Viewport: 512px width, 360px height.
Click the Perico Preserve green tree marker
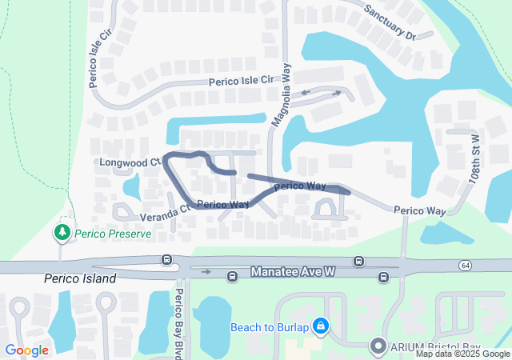(x=62, y=232)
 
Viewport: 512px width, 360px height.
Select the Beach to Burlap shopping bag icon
(x=320, y=326)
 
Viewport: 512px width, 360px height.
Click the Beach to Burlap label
(x=269, y=326)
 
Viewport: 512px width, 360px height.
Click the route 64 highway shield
(x=466, y=265)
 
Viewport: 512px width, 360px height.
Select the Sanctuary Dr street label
(x=390, y=22)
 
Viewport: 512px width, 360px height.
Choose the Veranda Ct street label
(x=164, y=213)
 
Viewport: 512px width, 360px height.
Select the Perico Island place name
(x=80, y=278)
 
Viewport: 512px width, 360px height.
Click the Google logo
(x=26, y=350)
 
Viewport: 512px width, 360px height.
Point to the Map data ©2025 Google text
(x=462, y=354)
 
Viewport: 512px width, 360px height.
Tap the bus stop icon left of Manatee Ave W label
(x=232, y=278)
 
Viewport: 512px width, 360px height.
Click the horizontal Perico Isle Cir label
(x=242, y=81)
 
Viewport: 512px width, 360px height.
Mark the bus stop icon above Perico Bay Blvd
(x=166, y=260)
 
